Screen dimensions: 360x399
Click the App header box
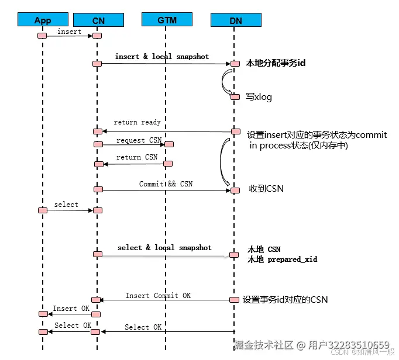point(43,20)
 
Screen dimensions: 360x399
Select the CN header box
point(98,20)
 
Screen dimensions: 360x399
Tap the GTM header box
point(166,20)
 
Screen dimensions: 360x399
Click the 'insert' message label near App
point(69,32)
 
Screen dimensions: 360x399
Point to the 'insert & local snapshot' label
point(162,57)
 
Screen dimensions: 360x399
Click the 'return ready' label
point(137,123)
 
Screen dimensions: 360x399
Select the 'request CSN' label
point(139,140)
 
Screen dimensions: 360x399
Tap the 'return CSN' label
point(137,157)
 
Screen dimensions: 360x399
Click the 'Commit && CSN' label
point(166,184)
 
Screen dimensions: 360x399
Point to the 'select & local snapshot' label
point(164,248)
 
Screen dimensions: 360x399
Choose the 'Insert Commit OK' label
point(158,296)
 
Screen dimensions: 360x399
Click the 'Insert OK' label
point(72,309)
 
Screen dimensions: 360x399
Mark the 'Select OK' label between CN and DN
point(143,327)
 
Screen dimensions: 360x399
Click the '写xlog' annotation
point(259,97)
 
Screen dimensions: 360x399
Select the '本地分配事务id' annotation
point(276,63)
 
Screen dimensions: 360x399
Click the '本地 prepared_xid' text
point(282,259)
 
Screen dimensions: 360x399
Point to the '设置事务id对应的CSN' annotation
point(285,299)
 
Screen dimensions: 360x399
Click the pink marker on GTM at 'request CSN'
point(169,144)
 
